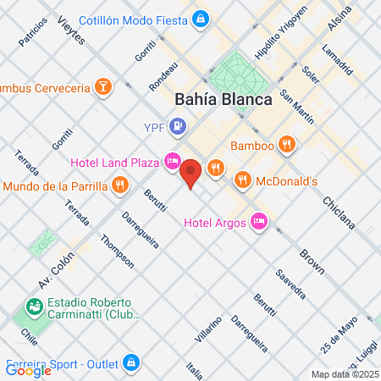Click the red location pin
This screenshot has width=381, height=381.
pyautogui.click(x=191, y=174)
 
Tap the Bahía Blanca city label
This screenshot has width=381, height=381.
pyautogui.click(x=224, y=99)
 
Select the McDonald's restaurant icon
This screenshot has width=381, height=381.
pyautogui.click(x=243, y=179)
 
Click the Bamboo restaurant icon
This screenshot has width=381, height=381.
pyautogui.click(x=288, y=146)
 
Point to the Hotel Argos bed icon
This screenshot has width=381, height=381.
pyautogui.click(x=260, y=223)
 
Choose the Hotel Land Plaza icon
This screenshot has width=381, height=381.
pyautogui.click(x=173, y=160)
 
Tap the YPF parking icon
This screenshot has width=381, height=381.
pyautogui.click(x=177, y=128)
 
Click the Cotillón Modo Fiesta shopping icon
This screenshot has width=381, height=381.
pyautogui.click(x=199, y=18)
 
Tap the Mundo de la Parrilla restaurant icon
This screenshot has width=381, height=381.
pyautogui.click(x=120, y=185)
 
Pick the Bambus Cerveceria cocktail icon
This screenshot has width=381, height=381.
pyautogui.click(x=102, y=86)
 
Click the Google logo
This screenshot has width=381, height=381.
pyautogui.click(x=28, y=369)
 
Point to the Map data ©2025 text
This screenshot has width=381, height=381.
pyautogui.click(x=344, y=373)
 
